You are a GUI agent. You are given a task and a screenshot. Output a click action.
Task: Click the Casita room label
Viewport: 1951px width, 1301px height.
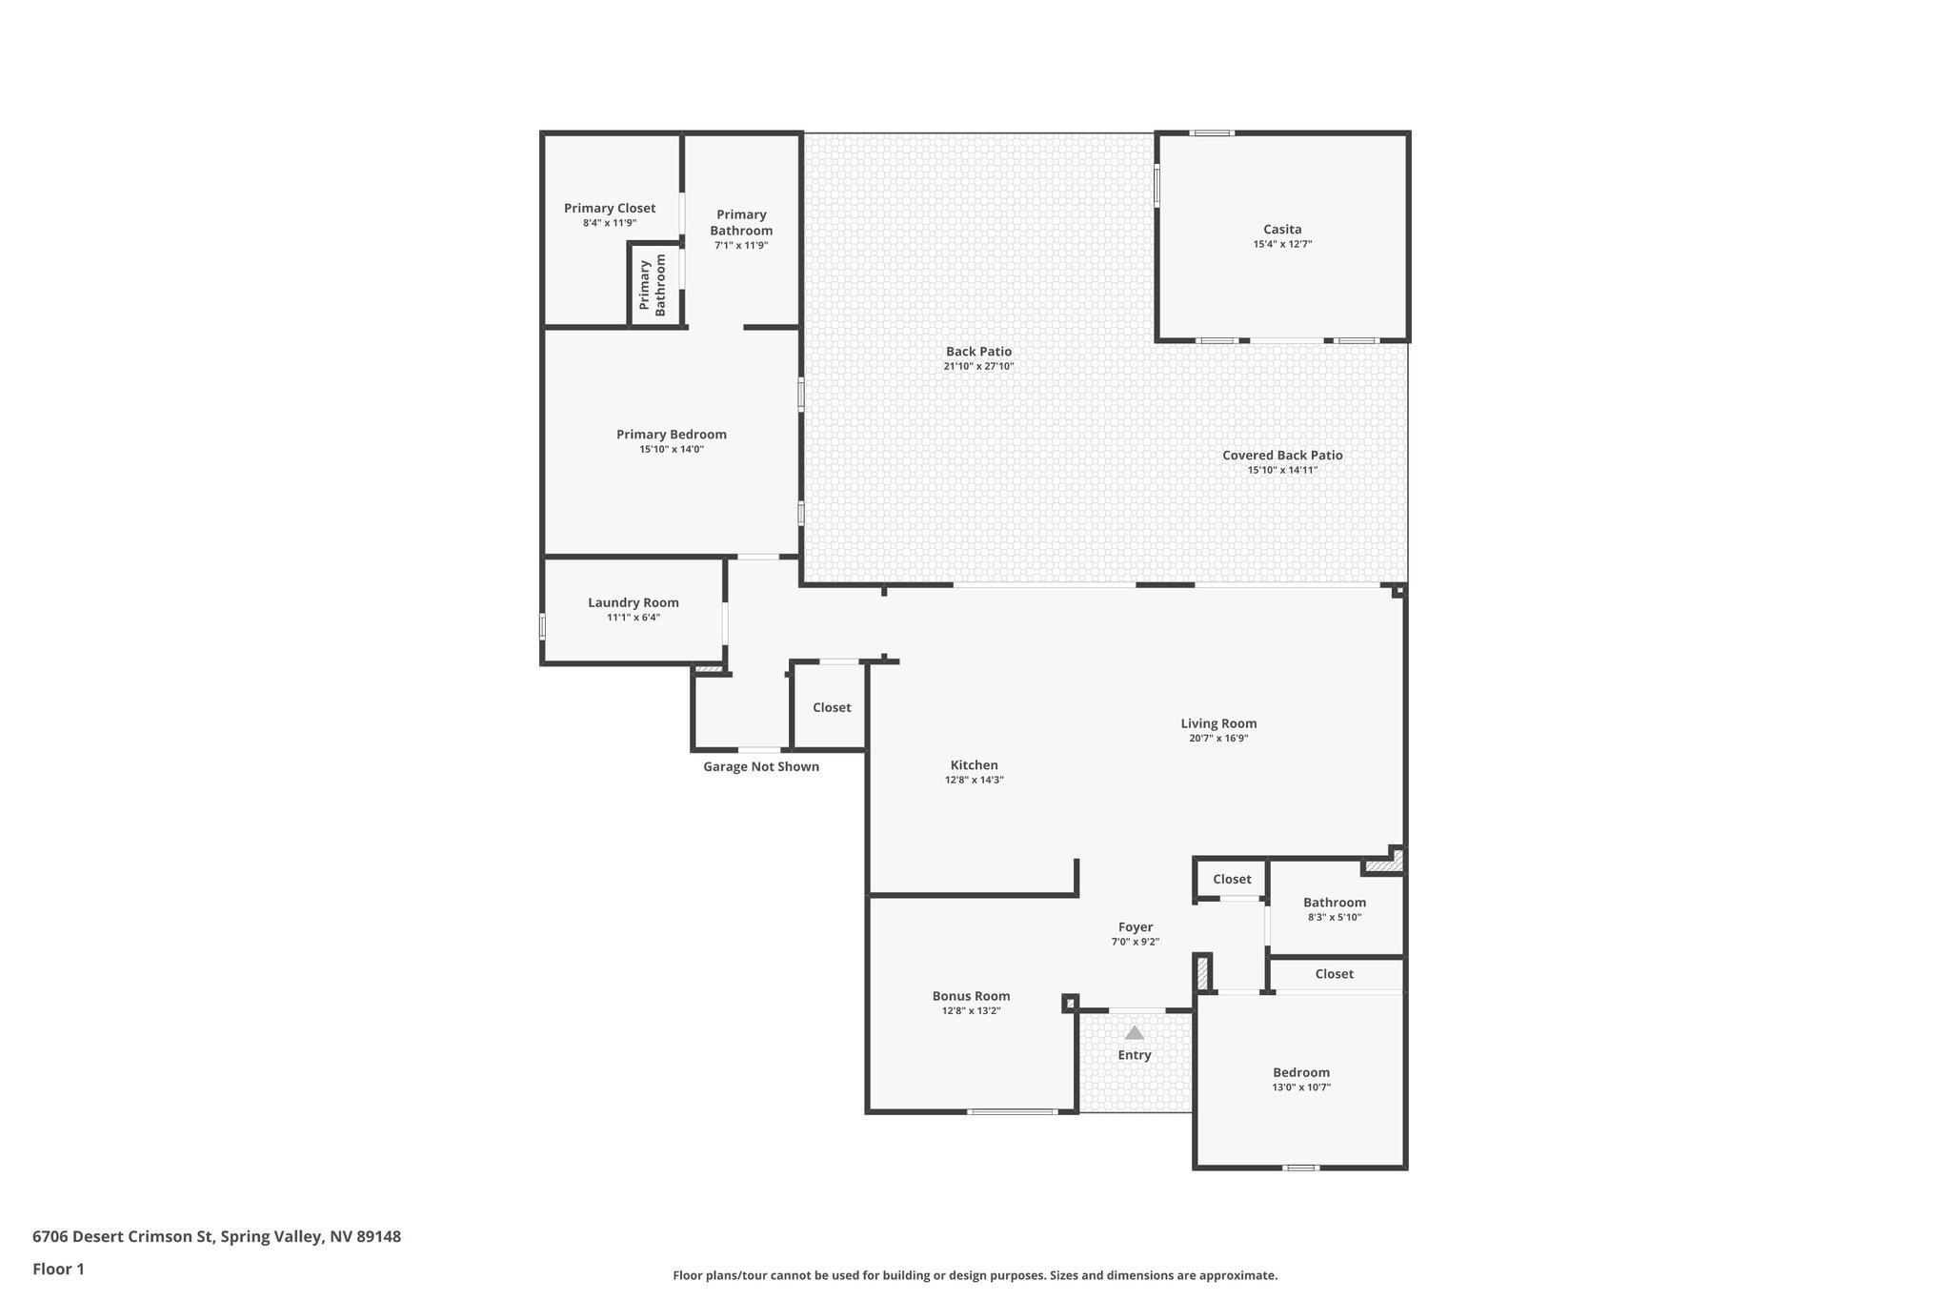[1282, 229]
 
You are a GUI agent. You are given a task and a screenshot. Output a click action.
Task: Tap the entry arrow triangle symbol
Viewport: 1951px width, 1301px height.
[1134, 1032]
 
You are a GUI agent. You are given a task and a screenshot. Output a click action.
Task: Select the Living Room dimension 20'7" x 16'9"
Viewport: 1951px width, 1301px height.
[1218, 738]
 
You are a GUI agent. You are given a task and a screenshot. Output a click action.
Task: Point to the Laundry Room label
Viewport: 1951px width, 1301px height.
[634, 602]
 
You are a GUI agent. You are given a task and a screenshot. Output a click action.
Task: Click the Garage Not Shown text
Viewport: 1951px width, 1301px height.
[761, 766]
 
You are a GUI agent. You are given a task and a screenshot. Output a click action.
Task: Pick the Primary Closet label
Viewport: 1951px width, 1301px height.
[610, 208]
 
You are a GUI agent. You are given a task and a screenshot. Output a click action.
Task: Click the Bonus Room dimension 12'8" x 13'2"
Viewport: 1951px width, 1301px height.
[971, 1010]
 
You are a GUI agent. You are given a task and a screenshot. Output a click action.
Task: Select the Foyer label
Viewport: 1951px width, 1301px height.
[1136, 926]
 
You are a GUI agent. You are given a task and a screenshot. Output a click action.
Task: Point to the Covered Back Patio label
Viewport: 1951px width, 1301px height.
[1282, 455]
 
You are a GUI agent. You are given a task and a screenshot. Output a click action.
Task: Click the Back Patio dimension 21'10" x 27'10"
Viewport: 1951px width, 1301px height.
[978, 366]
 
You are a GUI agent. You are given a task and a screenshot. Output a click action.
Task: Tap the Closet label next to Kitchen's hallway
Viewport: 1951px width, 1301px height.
[832, 707]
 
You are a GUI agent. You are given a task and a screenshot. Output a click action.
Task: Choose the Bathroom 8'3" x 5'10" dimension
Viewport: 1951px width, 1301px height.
[1334, 917]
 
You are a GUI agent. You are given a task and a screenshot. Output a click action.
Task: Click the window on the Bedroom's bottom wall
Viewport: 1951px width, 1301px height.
[1301, 1168]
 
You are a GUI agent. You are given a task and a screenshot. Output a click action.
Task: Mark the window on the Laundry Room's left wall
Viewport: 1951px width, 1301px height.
[542, 627]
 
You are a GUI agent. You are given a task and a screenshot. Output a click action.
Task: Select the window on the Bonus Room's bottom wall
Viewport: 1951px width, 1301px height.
[1012, 1111]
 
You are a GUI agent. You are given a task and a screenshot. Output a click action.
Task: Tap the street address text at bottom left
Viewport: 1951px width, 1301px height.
[216, 1237]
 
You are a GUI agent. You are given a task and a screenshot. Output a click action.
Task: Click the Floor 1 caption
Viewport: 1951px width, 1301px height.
[58, 1269]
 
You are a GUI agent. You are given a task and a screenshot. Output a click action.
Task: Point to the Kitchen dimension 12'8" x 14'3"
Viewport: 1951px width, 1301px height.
[974, 780]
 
